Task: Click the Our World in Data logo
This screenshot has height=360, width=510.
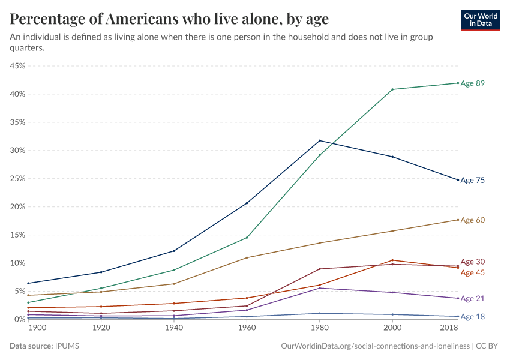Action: coord(480,20)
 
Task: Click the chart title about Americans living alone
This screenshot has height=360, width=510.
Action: coord(169,19)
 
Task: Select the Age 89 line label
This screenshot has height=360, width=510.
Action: coord(472,83)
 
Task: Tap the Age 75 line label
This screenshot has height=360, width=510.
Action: coord(472,180)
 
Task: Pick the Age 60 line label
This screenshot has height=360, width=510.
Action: coord(472,220)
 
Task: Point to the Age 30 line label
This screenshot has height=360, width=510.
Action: coord(472,262)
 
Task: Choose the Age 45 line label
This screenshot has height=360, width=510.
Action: coord(472,273)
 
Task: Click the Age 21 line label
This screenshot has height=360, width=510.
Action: coord(472,299)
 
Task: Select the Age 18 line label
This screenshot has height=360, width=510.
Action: coord(472,316)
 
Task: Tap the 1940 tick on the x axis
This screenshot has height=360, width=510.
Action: coord(173,329)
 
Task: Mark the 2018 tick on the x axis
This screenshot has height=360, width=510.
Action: coord(448,329)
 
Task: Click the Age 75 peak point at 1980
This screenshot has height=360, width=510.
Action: coord(319,140)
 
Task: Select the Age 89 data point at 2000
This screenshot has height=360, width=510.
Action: coord(392,89)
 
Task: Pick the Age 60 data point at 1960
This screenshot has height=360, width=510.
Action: coord(247,257)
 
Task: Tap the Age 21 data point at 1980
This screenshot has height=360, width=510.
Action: coord(319,288)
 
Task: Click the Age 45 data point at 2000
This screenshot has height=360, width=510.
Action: coord(392,260)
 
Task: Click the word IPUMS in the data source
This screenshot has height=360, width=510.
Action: coord(67,346)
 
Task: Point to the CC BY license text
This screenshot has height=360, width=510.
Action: coord(488,346)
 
